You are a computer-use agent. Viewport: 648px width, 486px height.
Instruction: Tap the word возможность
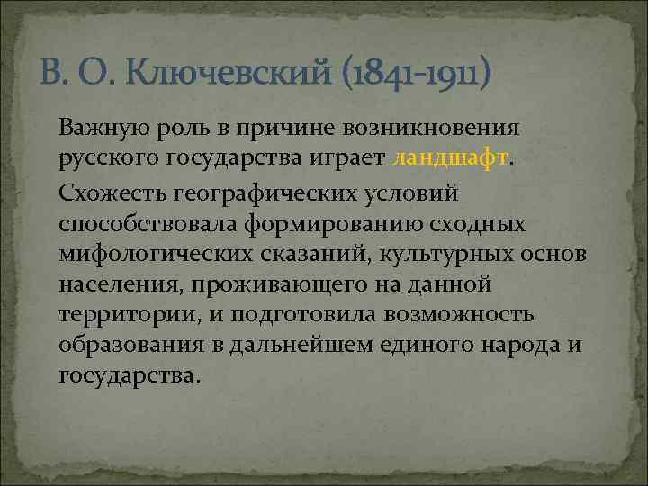point(460,316)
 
